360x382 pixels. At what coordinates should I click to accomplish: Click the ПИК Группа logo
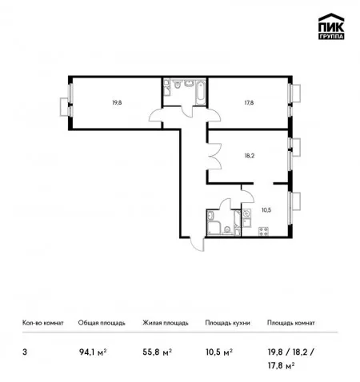pos(331,26)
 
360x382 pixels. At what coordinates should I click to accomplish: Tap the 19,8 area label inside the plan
pos(117,102)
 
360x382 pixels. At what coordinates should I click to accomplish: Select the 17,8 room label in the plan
pos(249,102)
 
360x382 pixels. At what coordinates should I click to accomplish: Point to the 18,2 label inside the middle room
pos(250,156)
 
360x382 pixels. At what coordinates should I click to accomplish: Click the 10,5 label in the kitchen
pos(266,210)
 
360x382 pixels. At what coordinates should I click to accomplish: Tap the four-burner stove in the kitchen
pos(263,231)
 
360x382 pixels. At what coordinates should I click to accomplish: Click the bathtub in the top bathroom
pos(200,92)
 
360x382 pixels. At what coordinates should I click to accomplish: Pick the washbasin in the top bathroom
pos(189,83)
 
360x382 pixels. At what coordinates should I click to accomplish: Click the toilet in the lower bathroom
pos(227,230)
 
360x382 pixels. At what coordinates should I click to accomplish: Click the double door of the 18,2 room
pos(214,156)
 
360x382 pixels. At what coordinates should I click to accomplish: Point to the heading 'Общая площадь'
pos(102,323)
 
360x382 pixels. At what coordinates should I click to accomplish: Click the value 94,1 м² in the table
pos(93,352)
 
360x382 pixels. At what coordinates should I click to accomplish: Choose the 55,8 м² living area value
pos(157,352)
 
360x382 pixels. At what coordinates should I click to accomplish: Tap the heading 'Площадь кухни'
pos(227,323)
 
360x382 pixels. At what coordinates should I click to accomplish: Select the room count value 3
pos(25,352)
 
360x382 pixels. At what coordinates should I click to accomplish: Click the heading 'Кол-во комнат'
pos(43,323)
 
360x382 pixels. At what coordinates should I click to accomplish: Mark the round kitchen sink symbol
pos(246,213)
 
